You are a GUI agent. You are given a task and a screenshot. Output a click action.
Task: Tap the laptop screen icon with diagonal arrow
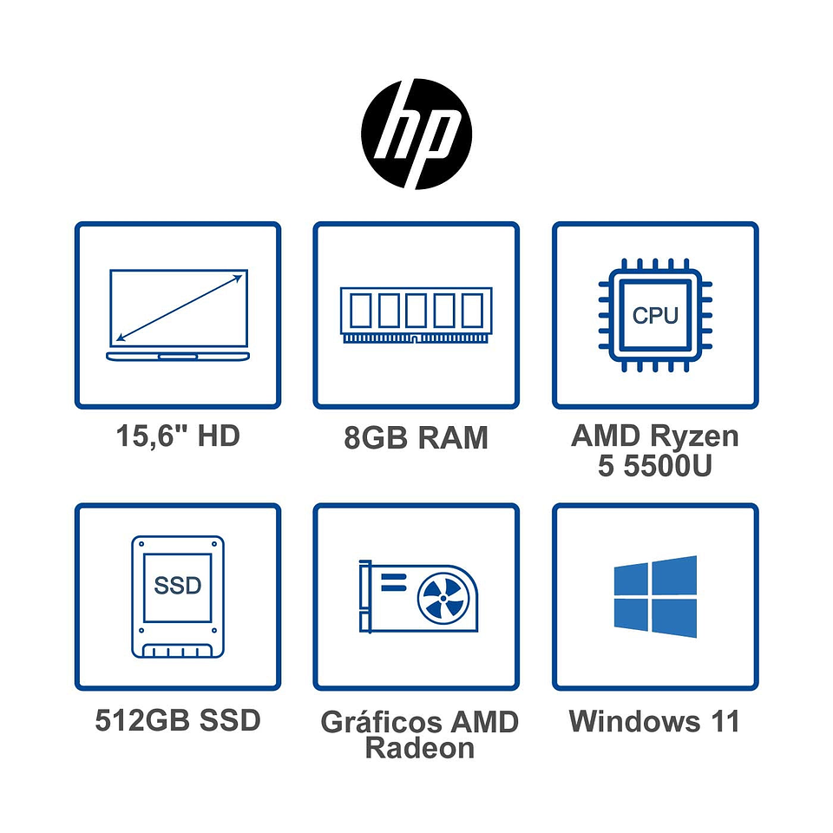[178, 315]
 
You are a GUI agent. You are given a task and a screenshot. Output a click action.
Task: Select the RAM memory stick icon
[416, 314]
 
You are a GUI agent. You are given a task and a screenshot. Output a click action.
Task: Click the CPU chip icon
[655, 314]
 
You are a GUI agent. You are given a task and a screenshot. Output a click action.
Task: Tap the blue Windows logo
[655, 597]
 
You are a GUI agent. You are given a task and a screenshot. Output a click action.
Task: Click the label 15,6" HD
[178, 436]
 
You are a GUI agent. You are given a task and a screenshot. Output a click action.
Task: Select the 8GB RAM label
[416, 438]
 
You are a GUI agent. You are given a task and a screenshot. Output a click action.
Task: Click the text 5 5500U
[655, 466]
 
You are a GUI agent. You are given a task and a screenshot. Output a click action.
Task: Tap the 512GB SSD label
[178, 720]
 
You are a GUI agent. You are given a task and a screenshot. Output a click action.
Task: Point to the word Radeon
[420, 748]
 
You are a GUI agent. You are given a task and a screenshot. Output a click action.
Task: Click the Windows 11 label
[655, 721]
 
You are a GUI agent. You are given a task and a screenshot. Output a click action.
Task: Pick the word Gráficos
[380, 723]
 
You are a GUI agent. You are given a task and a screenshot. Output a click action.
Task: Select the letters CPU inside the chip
[655, 315]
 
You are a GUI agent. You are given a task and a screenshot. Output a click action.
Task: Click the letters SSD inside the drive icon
[178, 586]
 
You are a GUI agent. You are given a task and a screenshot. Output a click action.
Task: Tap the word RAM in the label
[453, 438]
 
